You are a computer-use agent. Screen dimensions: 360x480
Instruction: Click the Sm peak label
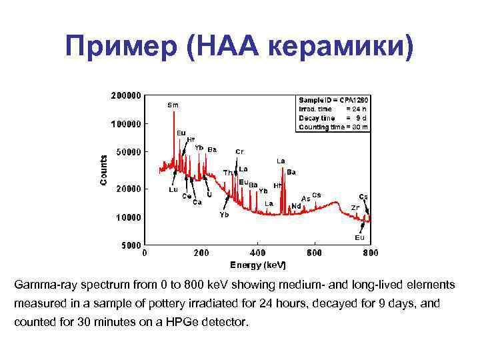[x=173, y=105]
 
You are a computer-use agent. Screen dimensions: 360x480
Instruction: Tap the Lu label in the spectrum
[x=172, y=189]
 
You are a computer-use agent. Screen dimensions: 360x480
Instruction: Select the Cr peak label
[x=239, y=151]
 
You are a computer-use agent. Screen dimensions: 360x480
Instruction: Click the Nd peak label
[x=296, y=206]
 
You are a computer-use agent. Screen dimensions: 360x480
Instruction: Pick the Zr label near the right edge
[x=356, y=207]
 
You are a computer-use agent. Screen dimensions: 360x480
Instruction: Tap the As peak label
[x=305, y=198]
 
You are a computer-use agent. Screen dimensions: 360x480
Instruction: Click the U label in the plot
[x=209, y=195]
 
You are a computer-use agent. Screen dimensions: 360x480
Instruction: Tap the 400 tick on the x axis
[x=257, y=253]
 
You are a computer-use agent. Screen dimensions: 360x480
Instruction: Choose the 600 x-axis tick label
[x=314, y=253]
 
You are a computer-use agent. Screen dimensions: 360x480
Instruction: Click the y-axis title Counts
[x=103, y=171]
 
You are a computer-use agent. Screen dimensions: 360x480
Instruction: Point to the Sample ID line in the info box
[x=333, y=99]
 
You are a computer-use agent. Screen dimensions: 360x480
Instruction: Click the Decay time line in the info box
[x=333, y=117]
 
